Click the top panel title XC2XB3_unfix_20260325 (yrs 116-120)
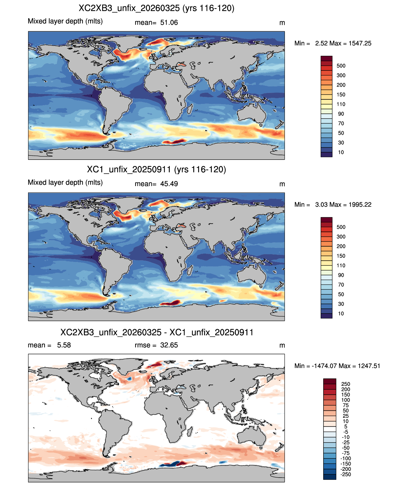(156, 8)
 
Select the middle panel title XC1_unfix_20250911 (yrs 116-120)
(156, 169)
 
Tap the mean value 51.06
(169, 23)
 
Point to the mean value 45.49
(169, 184)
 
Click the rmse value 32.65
(169, 345)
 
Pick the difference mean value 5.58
(64, 345)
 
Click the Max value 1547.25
(360, 43)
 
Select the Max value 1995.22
(360, 205)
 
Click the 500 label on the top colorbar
(341, 66)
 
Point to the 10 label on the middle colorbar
(341, 314)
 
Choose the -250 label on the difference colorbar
(346, 474)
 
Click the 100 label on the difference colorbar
(346, 400)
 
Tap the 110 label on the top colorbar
(341, 104)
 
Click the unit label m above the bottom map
(282, 346)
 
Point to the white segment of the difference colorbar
(330, 429)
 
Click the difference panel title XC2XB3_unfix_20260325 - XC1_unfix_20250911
(157, 332)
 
